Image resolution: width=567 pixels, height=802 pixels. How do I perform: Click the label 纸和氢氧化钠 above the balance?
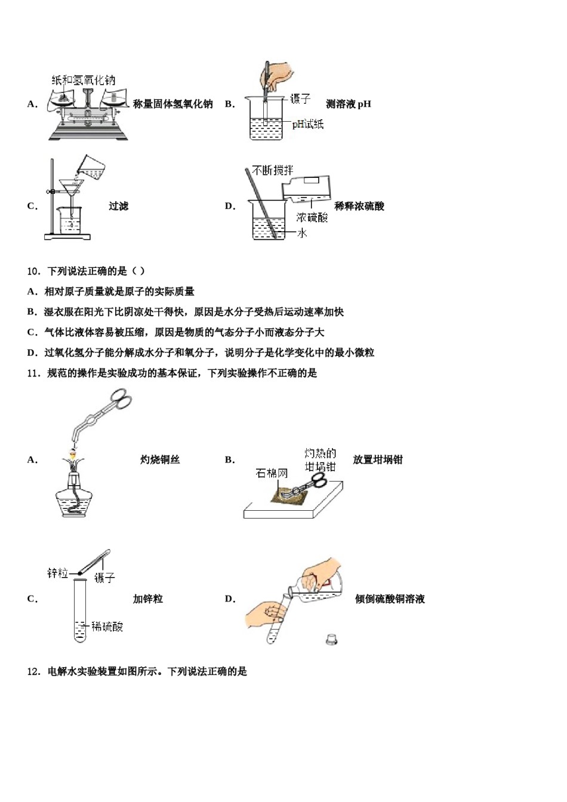(x=83, y=80)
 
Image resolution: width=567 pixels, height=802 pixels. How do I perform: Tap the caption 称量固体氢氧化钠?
(x=172, y=104)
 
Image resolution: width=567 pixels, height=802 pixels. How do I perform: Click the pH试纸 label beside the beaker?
(x=307, y=124)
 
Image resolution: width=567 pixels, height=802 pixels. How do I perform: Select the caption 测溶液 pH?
(x=349, y=104)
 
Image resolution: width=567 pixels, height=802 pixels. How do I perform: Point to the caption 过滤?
(x=118, y=206)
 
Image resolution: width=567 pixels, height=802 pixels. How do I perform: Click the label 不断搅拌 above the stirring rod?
(x=272, y=171)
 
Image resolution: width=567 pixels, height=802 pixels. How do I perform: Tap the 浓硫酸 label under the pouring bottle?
(x=312, y=218)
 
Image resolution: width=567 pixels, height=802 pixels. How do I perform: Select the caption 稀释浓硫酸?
(x=359, y=206)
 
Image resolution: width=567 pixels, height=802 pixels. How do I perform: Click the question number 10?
(x=33, y=272)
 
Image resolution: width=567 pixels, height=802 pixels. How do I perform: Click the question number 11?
(x=33, y=374)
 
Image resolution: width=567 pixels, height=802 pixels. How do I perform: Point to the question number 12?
(x=33, y=672)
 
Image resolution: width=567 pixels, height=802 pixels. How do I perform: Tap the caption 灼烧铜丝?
(x=160, y=460)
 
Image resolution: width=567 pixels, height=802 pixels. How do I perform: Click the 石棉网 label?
(x=272, y=473)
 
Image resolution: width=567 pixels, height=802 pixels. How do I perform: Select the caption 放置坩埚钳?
(x=378, y=460)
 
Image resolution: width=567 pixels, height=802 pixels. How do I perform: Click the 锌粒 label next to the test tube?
(x=58, y=573)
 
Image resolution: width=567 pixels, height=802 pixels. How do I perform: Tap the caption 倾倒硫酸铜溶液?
(x=390, y=599)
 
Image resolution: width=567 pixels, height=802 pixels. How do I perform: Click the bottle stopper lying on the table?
(x=332, y=639)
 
